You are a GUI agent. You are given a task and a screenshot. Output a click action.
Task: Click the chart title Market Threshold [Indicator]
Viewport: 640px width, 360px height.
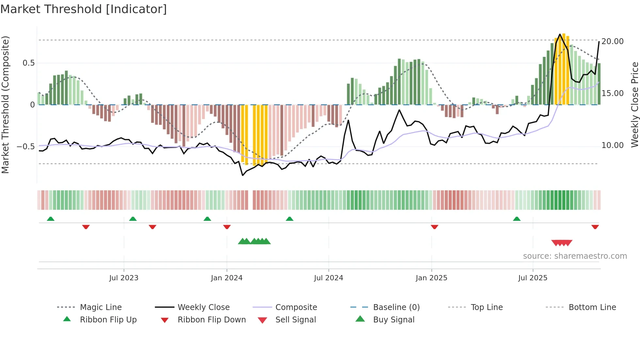84,9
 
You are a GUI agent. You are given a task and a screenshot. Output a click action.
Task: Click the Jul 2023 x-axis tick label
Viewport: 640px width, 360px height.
124,278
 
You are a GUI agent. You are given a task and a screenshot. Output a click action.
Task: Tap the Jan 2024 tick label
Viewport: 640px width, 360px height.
227,278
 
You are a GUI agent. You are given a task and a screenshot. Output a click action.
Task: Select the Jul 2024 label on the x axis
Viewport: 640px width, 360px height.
328,278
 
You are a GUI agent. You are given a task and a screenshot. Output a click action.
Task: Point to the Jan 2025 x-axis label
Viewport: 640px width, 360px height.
431,278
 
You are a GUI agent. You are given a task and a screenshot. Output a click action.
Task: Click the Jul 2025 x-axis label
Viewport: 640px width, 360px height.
533,278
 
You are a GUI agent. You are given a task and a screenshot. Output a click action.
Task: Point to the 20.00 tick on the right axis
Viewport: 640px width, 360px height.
613,41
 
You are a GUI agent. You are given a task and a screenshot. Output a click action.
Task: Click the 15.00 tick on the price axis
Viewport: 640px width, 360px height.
613,93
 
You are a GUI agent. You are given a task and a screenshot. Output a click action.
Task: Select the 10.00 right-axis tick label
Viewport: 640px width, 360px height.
613,145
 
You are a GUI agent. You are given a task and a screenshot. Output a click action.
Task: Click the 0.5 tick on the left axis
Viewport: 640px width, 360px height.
28,63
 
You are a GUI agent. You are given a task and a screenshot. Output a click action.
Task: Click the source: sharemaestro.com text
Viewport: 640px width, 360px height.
575,256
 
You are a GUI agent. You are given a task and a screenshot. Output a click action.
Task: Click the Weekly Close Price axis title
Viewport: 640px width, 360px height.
634,105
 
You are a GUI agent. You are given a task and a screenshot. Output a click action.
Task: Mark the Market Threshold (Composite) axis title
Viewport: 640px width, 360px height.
5,105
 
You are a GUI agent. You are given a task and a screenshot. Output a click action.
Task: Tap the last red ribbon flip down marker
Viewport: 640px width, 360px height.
595,227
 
